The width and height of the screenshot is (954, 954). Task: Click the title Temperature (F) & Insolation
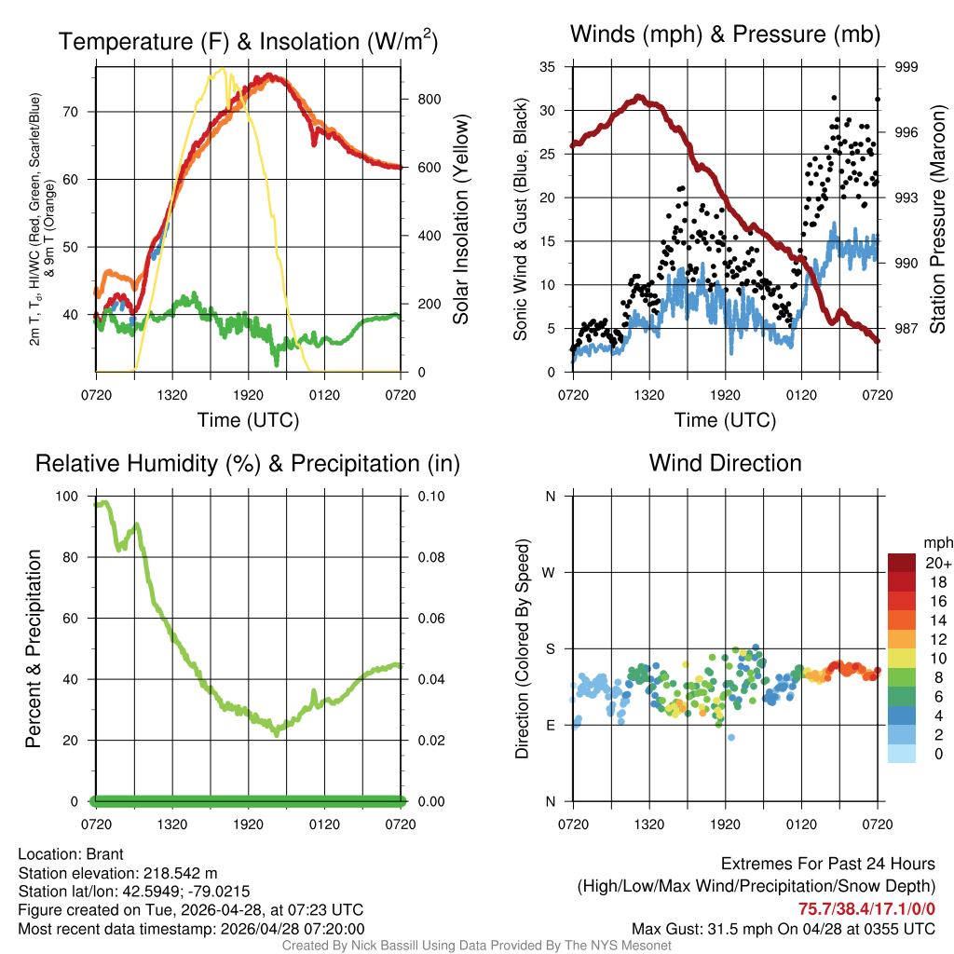[248, 41]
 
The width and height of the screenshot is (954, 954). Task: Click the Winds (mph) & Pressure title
[725, 34]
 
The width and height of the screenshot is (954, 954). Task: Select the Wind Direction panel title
[725, 463]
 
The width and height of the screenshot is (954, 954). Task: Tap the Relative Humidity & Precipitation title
[248, 463]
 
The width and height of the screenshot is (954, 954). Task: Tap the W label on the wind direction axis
[550, 573]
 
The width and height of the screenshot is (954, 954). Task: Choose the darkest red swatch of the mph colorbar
[901, 563]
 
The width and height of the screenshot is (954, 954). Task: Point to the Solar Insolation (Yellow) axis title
[460, 220]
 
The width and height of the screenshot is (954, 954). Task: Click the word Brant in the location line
[105, 854]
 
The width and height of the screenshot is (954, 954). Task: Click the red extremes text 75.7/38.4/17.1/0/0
[866, 908]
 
